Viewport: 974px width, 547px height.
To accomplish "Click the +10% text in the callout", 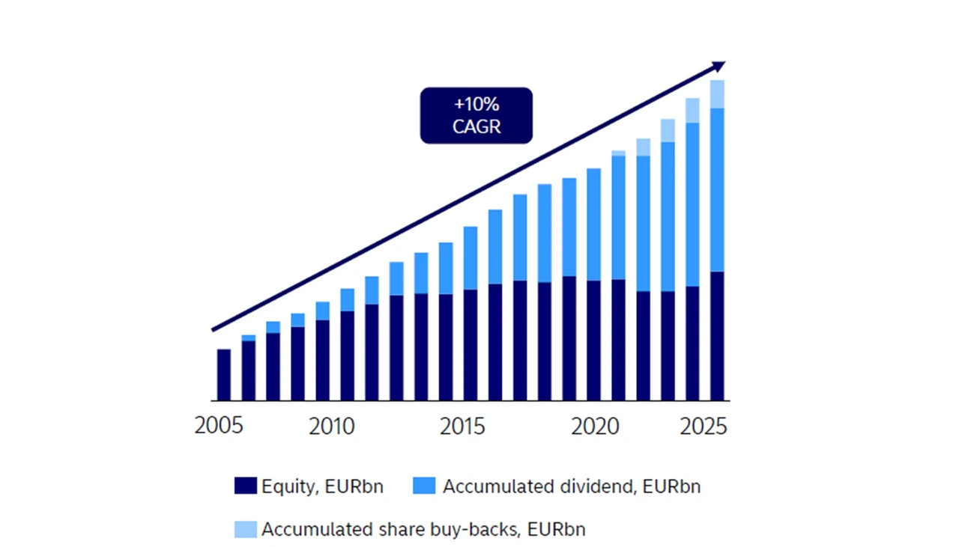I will pyautogui.click(x=476, y=104).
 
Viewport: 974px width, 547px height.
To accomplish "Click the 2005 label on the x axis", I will pyautogui.click(x=219, y=427).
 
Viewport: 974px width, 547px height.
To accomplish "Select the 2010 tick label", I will pyautogui.click(x=332, y=427).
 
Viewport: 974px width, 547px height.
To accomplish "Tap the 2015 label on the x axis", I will pyautogui.click(x=462, y=427).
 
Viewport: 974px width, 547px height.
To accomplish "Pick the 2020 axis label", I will pyautogui.click(x=595, y=427).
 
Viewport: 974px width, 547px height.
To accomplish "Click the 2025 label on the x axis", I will pyautogui.click(x=703, y=427).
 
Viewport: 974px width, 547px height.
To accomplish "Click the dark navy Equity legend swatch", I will pyautogui.click(x=245, y=486).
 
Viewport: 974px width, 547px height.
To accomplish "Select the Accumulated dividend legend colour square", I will pyautogui.click(x=424, y=486).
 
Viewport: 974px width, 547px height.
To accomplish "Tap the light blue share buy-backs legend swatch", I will pyautogui.click(x=245, y=530).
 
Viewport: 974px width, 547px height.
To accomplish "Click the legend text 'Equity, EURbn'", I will pyautogui.click(x=322, y=486).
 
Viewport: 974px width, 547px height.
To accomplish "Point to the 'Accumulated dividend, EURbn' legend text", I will pyautogui.click(x=572, y=486).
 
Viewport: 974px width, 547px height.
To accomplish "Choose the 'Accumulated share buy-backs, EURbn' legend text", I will pyautogui.click(x=423, y=530).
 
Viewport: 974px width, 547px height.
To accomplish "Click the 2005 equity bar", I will pyautogui.click(x=224, y=374).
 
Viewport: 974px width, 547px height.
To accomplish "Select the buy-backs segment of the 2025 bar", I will pyautogui.click(x=717, y=94).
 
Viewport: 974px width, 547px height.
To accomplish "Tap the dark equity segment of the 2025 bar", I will pyautogui.click(x=717, y=336).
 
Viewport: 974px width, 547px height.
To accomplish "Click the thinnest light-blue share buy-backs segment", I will pyautogui.click(x=618, y=153).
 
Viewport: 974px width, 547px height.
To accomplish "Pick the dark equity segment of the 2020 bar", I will pyautogui.click(x=593, y=340).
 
